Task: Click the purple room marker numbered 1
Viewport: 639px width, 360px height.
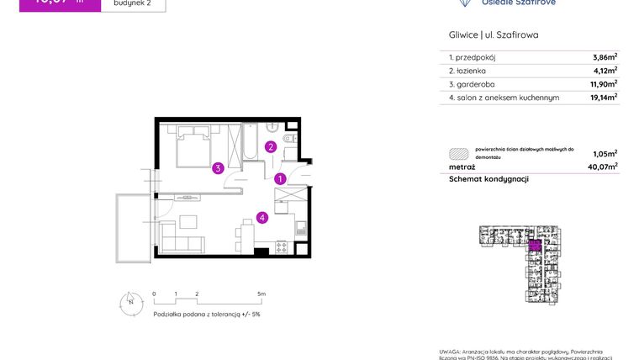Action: [x=280, y=178]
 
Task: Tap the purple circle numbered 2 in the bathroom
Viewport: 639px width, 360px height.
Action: [x=271, y=146]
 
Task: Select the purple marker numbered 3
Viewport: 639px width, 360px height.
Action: [x=218, y=168]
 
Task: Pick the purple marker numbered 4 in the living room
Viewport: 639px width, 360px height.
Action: [x=262, y=218]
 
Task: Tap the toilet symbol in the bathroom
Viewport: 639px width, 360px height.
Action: [x=288, y=139]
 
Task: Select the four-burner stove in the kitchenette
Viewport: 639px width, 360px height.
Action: [x=281, y=246]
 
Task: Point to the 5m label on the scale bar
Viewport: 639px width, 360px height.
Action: [x=261, y=294]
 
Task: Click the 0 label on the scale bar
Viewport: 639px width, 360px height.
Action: [x=155, y=294]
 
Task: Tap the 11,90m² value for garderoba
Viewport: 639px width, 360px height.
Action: [x=603, y=84]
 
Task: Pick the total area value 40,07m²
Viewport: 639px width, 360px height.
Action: [x=603, y=167]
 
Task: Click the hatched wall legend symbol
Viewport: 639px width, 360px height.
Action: [x=458, y=154]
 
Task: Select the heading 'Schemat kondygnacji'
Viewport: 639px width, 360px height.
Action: [x=488, y=179]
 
